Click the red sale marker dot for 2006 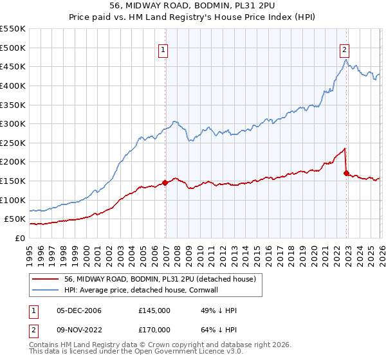[x=165, y=183]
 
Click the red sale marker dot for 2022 [x=347, y=173]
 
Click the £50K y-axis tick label [x=15, y=219]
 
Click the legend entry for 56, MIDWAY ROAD [x=160, y=279]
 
